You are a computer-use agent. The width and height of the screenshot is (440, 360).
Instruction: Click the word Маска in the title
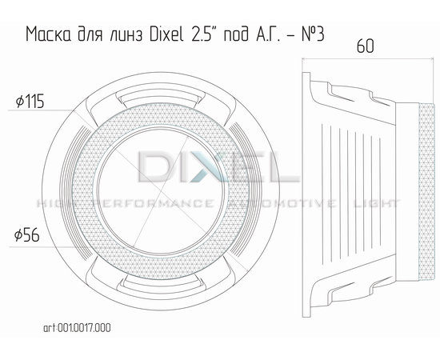point(48,34)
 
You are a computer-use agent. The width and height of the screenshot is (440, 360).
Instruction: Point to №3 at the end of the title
point(313,34)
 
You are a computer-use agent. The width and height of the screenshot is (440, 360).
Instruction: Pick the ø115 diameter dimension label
point(30,102)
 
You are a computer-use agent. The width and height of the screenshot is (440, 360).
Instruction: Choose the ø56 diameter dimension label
point(27,235)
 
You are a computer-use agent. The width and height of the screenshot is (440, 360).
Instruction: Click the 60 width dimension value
point(366,46)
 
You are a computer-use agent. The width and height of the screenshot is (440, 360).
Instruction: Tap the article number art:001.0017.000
point(77,328)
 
